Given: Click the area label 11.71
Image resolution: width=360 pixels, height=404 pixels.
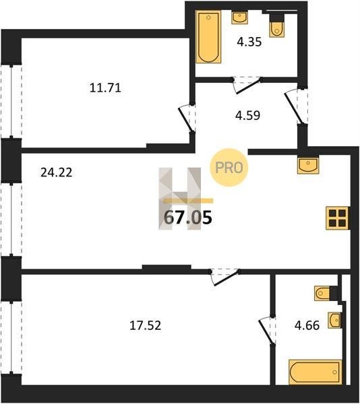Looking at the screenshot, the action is coord(105,88).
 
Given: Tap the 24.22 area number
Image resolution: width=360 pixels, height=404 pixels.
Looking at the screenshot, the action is coord(57,172).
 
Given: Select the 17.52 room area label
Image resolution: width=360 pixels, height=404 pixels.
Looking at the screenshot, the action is coord(145,325).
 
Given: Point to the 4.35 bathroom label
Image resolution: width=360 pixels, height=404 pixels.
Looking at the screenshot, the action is coord(249,42).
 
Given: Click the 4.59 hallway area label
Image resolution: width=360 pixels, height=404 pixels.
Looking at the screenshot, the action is coord(248,115).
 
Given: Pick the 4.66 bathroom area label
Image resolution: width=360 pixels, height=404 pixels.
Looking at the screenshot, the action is coord(307,325).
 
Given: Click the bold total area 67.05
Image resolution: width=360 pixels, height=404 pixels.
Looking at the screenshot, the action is coord(188,217).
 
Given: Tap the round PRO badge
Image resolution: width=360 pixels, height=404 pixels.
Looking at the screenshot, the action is coord(229,168).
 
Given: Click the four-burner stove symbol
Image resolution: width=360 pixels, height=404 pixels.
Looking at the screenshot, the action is coord(338,218).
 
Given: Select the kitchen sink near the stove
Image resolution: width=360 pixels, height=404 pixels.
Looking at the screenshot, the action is coord(308,166).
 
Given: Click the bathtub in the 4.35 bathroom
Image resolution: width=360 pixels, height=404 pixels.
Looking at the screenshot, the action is coord(208,37).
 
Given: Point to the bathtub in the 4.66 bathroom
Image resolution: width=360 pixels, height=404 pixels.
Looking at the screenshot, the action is coord(315,372).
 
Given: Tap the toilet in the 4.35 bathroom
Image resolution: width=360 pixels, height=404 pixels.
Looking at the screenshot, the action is coord(276,26).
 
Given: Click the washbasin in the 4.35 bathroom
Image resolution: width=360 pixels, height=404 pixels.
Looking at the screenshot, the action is coord(239,18).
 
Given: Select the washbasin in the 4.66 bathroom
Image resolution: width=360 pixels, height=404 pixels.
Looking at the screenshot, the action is coord(335,321).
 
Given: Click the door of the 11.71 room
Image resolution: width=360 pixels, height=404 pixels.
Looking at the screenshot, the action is coord(187,119).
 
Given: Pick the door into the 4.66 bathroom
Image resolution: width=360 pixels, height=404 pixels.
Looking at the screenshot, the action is coord(267,331).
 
